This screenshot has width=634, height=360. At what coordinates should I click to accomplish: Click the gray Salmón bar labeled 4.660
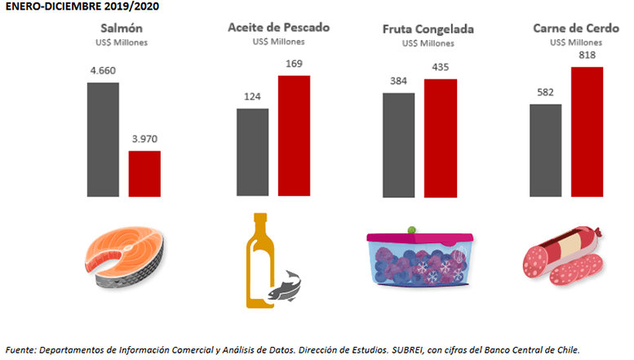[103, 140]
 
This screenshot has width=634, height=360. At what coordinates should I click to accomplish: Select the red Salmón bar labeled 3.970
[144, 174]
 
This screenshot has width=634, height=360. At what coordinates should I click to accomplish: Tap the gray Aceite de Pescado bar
[253, 152]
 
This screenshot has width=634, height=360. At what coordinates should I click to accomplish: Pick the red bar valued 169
[294, 136]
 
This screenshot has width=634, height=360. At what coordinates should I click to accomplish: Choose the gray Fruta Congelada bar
[399, 145]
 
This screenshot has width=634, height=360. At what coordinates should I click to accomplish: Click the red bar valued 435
[441, 138]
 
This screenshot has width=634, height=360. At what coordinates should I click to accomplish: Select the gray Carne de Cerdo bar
[545, 150]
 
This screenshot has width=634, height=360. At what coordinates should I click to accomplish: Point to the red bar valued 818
[587, 132]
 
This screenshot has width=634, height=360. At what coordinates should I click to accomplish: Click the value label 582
[545, 92]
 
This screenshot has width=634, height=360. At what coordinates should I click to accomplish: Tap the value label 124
[252, 96]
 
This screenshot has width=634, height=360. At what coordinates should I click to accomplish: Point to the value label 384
[398, 82]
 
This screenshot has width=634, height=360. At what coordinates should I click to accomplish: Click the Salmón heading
[122, 29]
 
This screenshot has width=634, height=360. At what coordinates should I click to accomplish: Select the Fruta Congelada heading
[428, 29]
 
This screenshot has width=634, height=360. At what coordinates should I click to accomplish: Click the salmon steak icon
[124, 257]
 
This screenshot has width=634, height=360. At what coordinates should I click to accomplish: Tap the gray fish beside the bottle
[285, 287]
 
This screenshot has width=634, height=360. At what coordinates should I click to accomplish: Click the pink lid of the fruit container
[419, 237]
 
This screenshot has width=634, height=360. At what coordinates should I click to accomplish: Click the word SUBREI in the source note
[408, 350]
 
